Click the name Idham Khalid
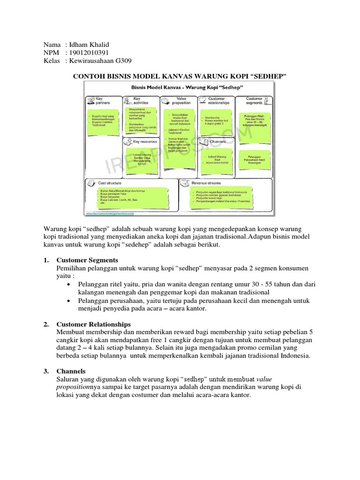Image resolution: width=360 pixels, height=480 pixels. point(89,45)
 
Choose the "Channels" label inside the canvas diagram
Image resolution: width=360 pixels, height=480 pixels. point(218,141)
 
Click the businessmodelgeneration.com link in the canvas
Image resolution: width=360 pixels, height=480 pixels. point(110,213)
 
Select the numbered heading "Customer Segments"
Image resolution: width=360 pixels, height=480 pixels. point(87,260)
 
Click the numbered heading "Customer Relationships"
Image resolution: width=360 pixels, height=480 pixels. point(94,324)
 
